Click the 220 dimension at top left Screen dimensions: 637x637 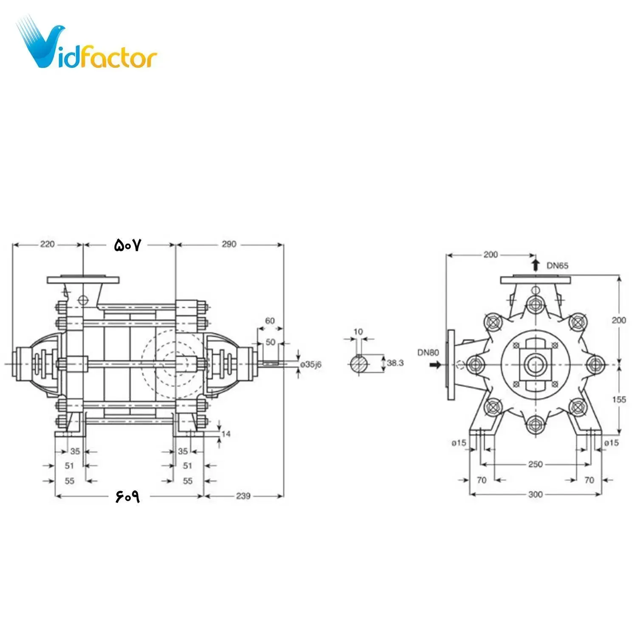tap(47, 244)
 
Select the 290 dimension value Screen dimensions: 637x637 tap(228, 244)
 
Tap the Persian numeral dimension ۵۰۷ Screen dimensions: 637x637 tap(127, 245)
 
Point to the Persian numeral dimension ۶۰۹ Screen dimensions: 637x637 tap(127, 496)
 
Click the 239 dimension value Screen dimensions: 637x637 tap(243, 496)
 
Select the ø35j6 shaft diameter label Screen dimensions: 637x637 tap(311, 364)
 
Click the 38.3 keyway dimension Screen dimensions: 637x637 tap(395, 363)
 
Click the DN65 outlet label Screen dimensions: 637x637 tap(557, 266)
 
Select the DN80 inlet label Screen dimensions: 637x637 tap(428, 352)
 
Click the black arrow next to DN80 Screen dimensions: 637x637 tap(435, 365)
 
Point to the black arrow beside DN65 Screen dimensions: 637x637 tap(536, 265)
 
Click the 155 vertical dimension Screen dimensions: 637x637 tap(619, 400)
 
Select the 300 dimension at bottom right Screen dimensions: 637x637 tap(536, 494)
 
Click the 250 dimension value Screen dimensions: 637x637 tap(535, 464)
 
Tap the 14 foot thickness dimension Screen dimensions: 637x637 tap(226, 434)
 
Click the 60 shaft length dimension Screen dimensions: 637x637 tap(270, 321)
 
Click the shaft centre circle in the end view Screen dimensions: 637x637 tap(535, 364)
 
